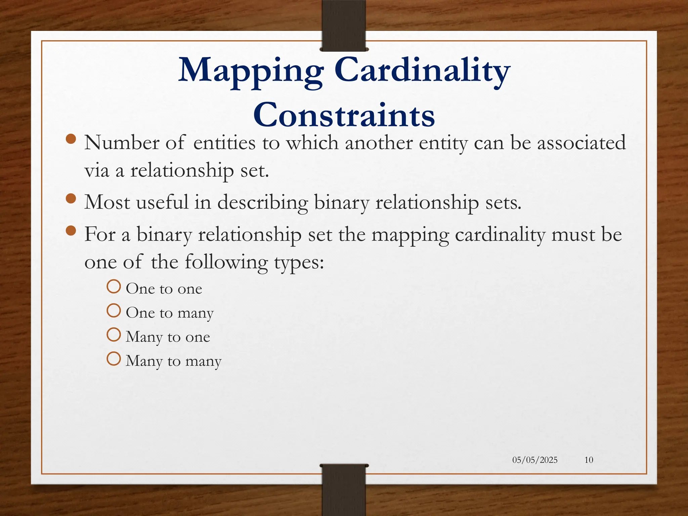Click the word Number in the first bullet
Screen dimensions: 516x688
(x=122, y=143)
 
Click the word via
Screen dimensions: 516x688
(x=97, y=170)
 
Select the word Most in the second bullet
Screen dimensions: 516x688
(x=107, y=202)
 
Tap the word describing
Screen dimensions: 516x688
(x=263, y=203)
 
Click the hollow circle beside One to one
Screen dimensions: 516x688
(x=114, y=287)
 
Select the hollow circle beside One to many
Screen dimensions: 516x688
(x=114, y=311)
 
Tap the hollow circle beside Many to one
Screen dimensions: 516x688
(x=114, y=335)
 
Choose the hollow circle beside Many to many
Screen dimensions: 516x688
(x=114, y=359)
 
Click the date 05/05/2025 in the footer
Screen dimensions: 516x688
(x=535, y=460)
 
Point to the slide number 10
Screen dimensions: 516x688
(x=589, y=460)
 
